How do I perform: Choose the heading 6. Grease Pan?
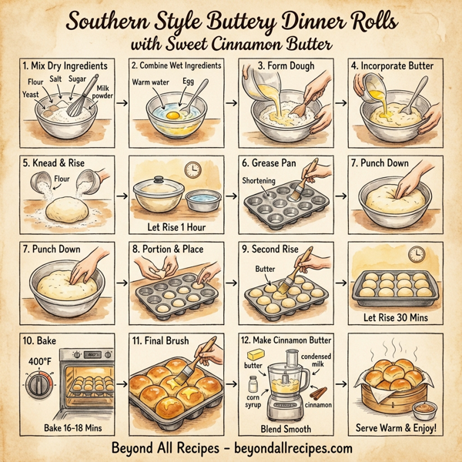point(270,162)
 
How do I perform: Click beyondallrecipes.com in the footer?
point(291,447)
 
